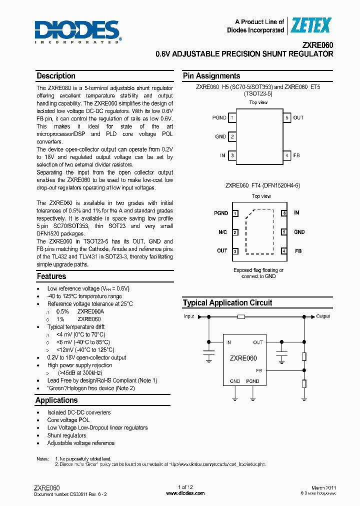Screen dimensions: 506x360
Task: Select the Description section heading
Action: pyautogui.click(x=56, y=76)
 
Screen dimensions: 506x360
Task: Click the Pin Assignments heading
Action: pyautogui.click(x=211, y=76)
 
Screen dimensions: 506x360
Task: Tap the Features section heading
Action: pyautogui.click(x=51, y=276)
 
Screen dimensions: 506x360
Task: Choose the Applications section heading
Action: pyautogui.click(x=56, y=400)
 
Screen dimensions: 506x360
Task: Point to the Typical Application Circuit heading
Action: pyautogui.click(x=227, y=302)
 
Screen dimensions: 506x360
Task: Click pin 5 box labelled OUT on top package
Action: pyautogui.click(x=287, y=118)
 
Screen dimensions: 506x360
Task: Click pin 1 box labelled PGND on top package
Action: pyautogui.click(x=232, y=118)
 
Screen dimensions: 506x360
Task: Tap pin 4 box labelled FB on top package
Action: pyautogui.click(x=287, y=155)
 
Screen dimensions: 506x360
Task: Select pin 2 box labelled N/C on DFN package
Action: pyautogui.click(x=235, y=232)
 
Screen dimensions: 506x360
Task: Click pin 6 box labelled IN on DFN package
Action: pyautogui.click(x=284, y=213)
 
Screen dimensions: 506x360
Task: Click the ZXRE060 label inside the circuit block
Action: pyautogui.click(x=243, y=358)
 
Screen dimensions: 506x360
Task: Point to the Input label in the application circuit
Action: pyautogui.click(x=189, y=316)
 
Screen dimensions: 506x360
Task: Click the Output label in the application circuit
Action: pyautogui.click(x=323, y=316)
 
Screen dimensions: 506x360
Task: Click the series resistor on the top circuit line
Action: pyautogui.click(x=241, y=316)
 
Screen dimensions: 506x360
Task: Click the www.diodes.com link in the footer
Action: pyautogui.click(x=185, y=493)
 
